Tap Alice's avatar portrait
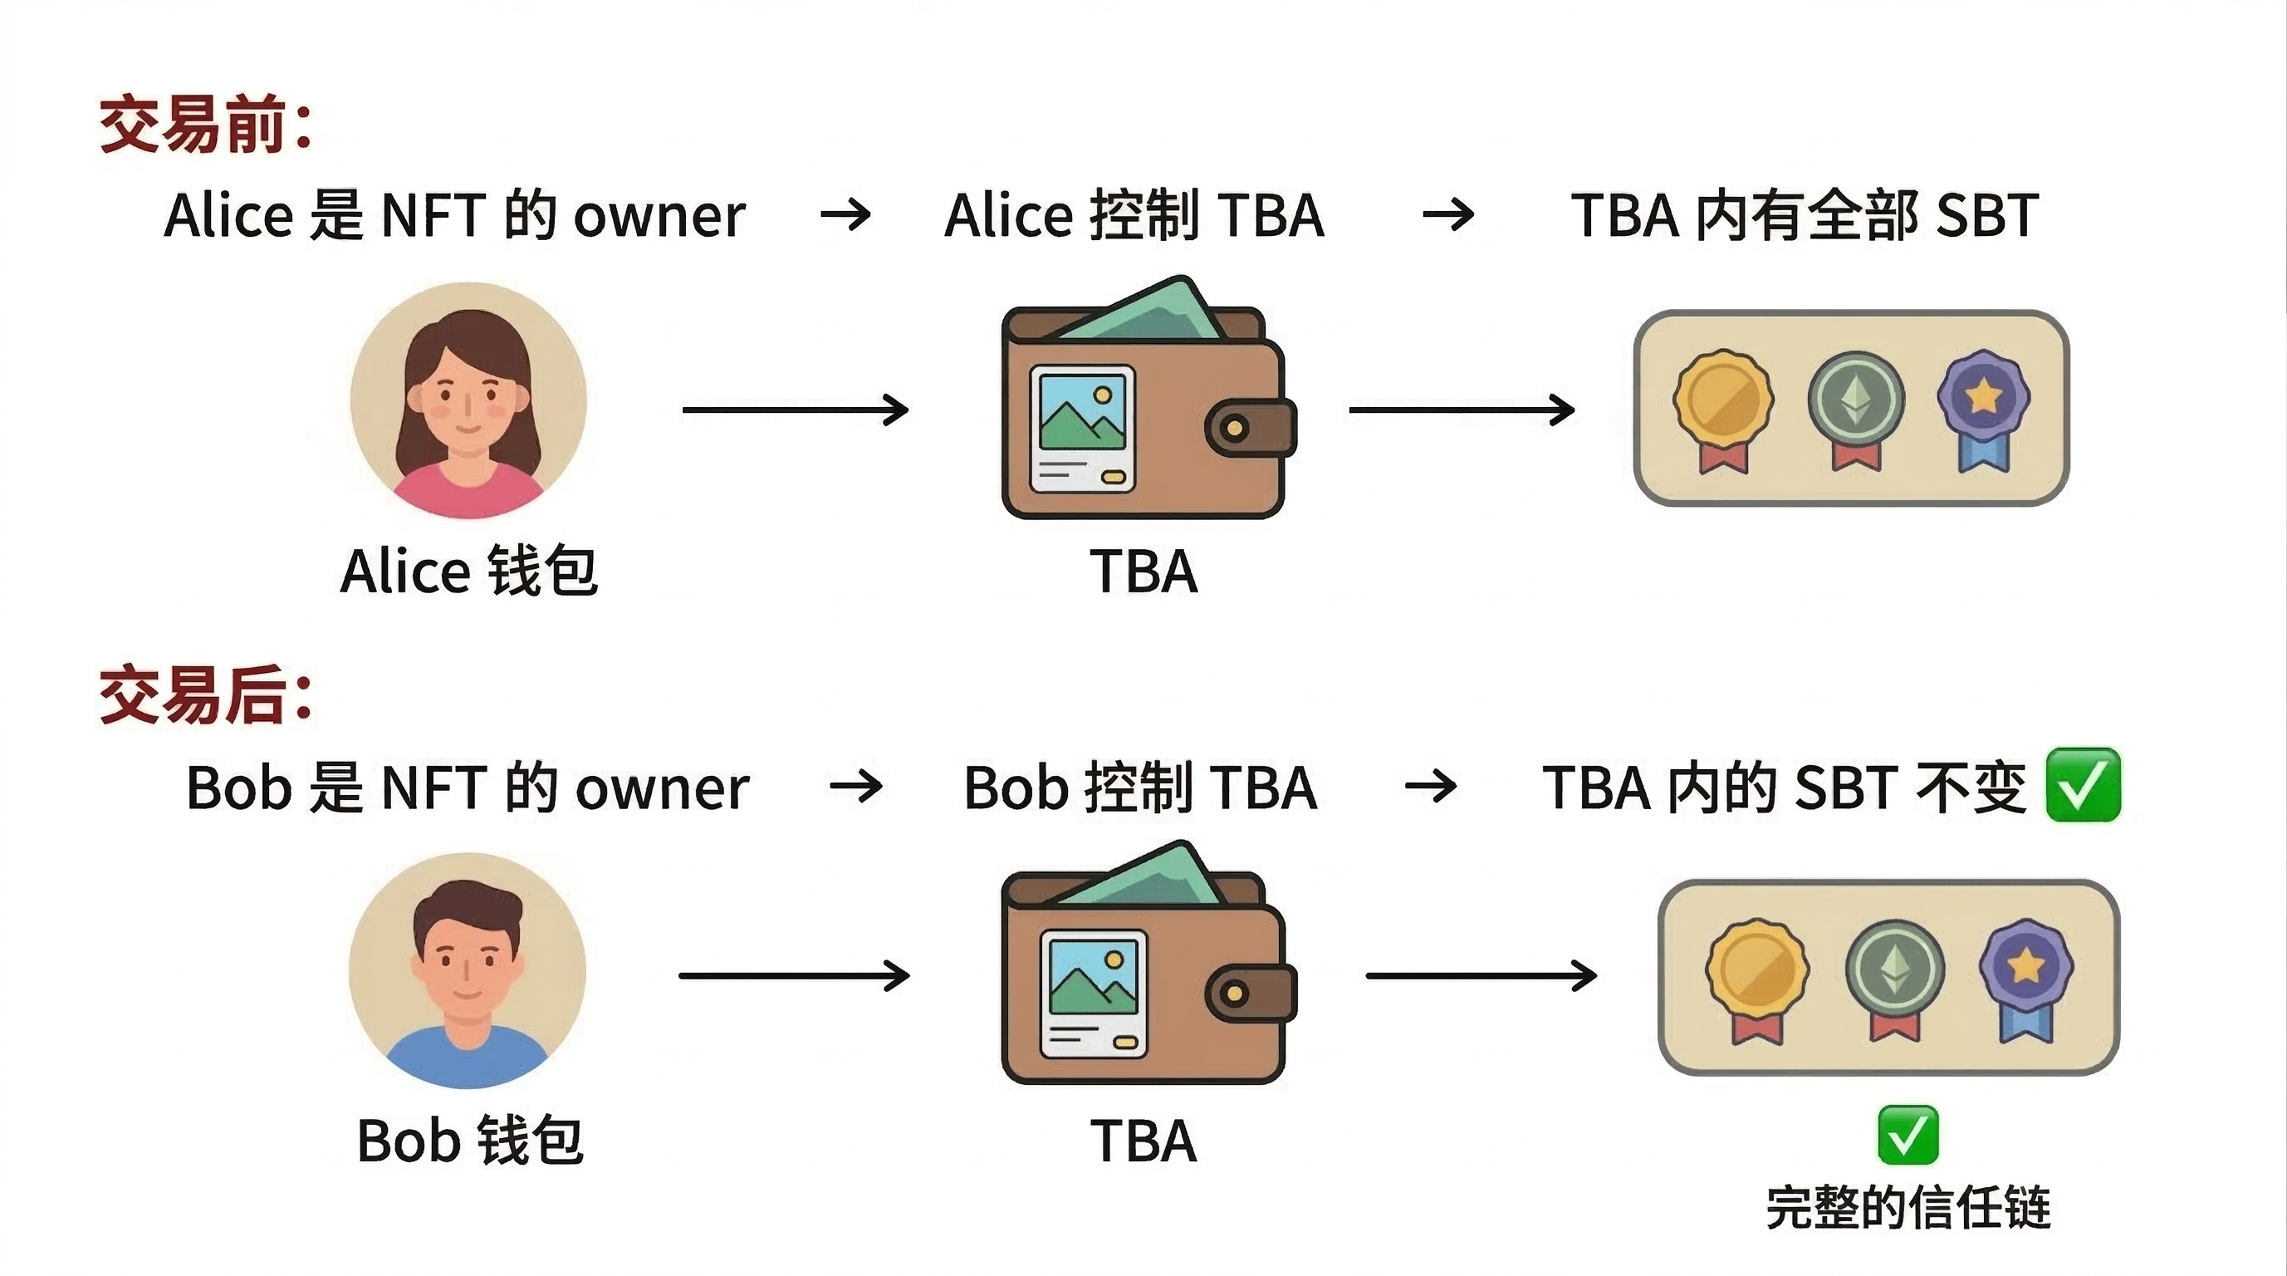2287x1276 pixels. tap(468, 400)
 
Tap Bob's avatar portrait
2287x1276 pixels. tap(468, 970)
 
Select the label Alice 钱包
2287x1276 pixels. tap(468, 571)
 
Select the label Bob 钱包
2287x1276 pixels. tap(470, 1141)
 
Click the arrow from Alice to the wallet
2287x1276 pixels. tap(795, 410)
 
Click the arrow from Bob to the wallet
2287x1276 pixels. tap(794, 976)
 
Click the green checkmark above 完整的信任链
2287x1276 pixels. tap(1907, 1135)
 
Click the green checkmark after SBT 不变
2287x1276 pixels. tap(2083, 785)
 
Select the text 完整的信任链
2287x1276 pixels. tap(1907, 1208)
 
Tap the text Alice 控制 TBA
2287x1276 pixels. tap(1134, 216)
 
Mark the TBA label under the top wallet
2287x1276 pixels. tap(1143, 571)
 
